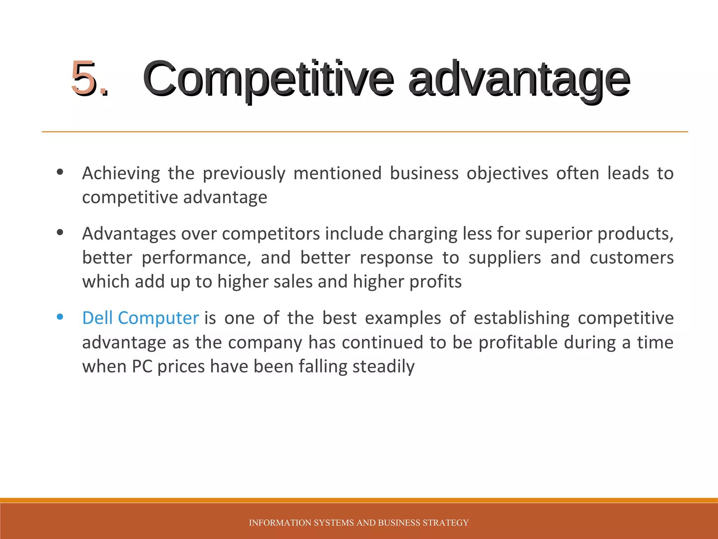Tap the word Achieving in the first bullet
[x=121, y=173]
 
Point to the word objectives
[x=507, y=173]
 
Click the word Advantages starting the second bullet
[x=129, y=234]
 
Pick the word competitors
[x=271, y=234]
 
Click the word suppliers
[x=504, y=258]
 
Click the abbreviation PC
[x=142, y=366]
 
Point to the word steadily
[x=384, y=367]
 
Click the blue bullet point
[x=60, y=317]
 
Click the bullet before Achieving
[x=60, y=172]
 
